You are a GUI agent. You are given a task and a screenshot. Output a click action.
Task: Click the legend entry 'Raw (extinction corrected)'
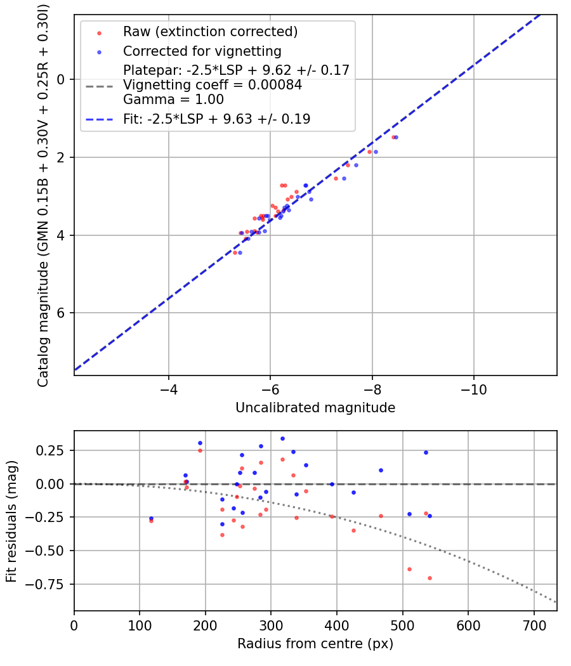pos(210,32)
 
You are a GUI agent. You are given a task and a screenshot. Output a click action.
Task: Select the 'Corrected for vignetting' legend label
pos(202,51)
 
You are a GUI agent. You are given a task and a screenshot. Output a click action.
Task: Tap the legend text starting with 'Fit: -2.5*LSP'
pos(216,119)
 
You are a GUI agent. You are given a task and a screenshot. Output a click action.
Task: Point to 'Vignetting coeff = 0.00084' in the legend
pos(213,85)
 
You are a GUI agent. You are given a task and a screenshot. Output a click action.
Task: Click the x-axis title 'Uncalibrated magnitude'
pos(315,408)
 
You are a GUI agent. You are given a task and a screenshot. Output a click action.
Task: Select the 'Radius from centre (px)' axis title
pos(315,644)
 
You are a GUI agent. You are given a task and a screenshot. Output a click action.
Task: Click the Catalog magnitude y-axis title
pos(43,195)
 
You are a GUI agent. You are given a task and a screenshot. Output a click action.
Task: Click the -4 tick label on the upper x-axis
pos(169,389)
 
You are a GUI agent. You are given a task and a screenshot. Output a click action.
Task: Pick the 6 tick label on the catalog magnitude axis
pos(61,313)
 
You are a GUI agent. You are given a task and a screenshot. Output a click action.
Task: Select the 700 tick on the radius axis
pos(534,625)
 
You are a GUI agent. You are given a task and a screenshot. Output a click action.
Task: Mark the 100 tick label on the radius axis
pos(140,625)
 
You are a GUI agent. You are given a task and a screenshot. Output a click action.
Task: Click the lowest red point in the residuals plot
pos(430,578)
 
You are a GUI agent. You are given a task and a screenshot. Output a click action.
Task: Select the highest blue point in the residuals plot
pos(282,438)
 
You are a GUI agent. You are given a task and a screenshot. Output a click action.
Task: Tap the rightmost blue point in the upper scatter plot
pos(396,137)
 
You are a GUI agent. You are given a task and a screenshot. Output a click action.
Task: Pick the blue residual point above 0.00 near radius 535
pos(426,452)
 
